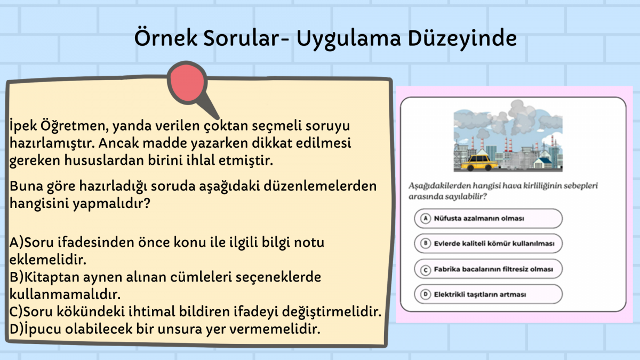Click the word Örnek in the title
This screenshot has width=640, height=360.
click(x=166, y=38)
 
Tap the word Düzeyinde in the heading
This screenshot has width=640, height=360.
click(x=462, y=38)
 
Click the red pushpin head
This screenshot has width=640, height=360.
click(x=187, y=83)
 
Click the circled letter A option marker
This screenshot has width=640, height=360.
click(x=426, y=219)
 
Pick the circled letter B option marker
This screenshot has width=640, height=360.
click(x=426, y=243)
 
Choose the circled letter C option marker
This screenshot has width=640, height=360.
click(x=426, y=270)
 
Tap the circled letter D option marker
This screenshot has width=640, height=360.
click(x=426, y=294)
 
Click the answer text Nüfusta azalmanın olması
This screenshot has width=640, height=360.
click(x=479, y=219)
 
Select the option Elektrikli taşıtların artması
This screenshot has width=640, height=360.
click(x=479, y=294)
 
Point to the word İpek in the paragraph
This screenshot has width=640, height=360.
click(x=23, y=126)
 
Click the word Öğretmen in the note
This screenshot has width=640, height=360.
click(x=74, y=126)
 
